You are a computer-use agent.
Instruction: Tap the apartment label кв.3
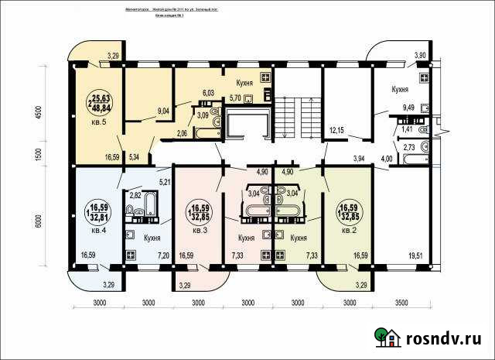[200, 229]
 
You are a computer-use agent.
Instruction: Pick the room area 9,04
[163, 111]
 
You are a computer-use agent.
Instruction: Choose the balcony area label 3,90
[420, 56]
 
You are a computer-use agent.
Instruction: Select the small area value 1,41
[407, 130]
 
